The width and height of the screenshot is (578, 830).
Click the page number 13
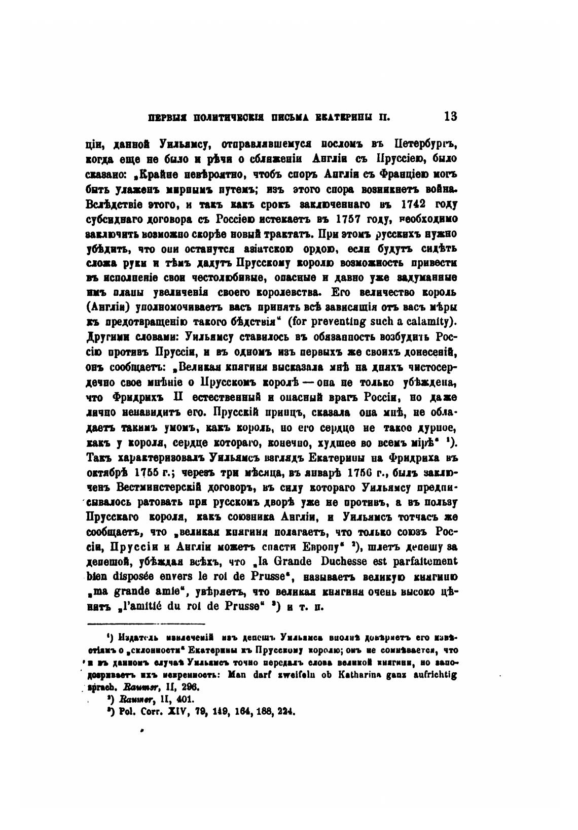coord(450,116)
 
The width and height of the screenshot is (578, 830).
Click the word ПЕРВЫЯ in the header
coord(163,118)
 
